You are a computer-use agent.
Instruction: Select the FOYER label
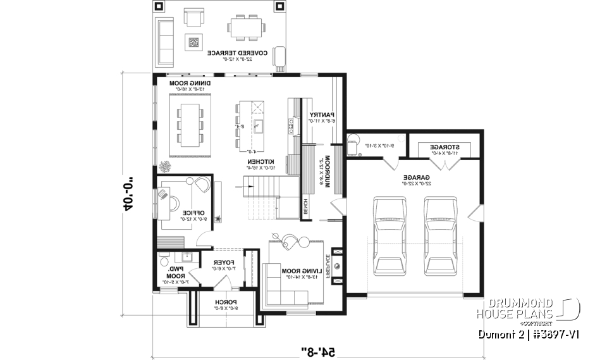(x=224, y=261)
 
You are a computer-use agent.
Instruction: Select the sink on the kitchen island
(x=259, y=124)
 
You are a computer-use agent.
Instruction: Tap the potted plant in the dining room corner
(x=166, y=167)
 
